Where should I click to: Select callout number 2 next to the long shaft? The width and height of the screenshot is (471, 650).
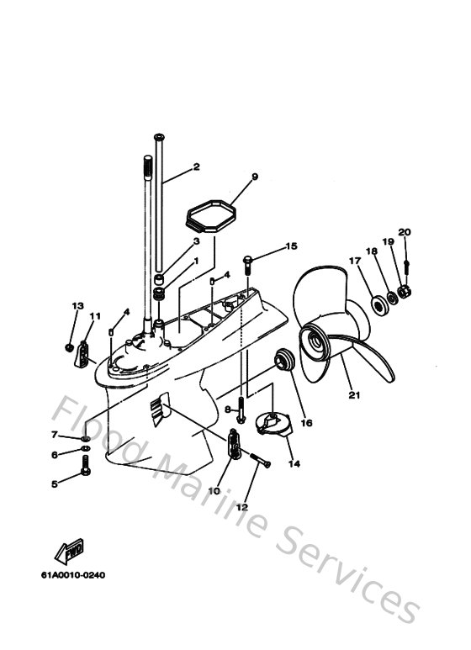coord(196,166)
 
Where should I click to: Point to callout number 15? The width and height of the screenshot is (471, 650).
coord(291,246)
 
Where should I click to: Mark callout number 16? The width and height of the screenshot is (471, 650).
coord(306,423)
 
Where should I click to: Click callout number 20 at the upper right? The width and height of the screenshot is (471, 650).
coord(405,232)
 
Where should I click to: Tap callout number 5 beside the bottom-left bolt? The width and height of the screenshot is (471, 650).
coord(55,484)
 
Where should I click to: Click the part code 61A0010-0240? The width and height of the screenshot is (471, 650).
coord(78,575)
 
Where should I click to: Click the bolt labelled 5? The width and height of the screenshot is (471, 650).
coord(86,471)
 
